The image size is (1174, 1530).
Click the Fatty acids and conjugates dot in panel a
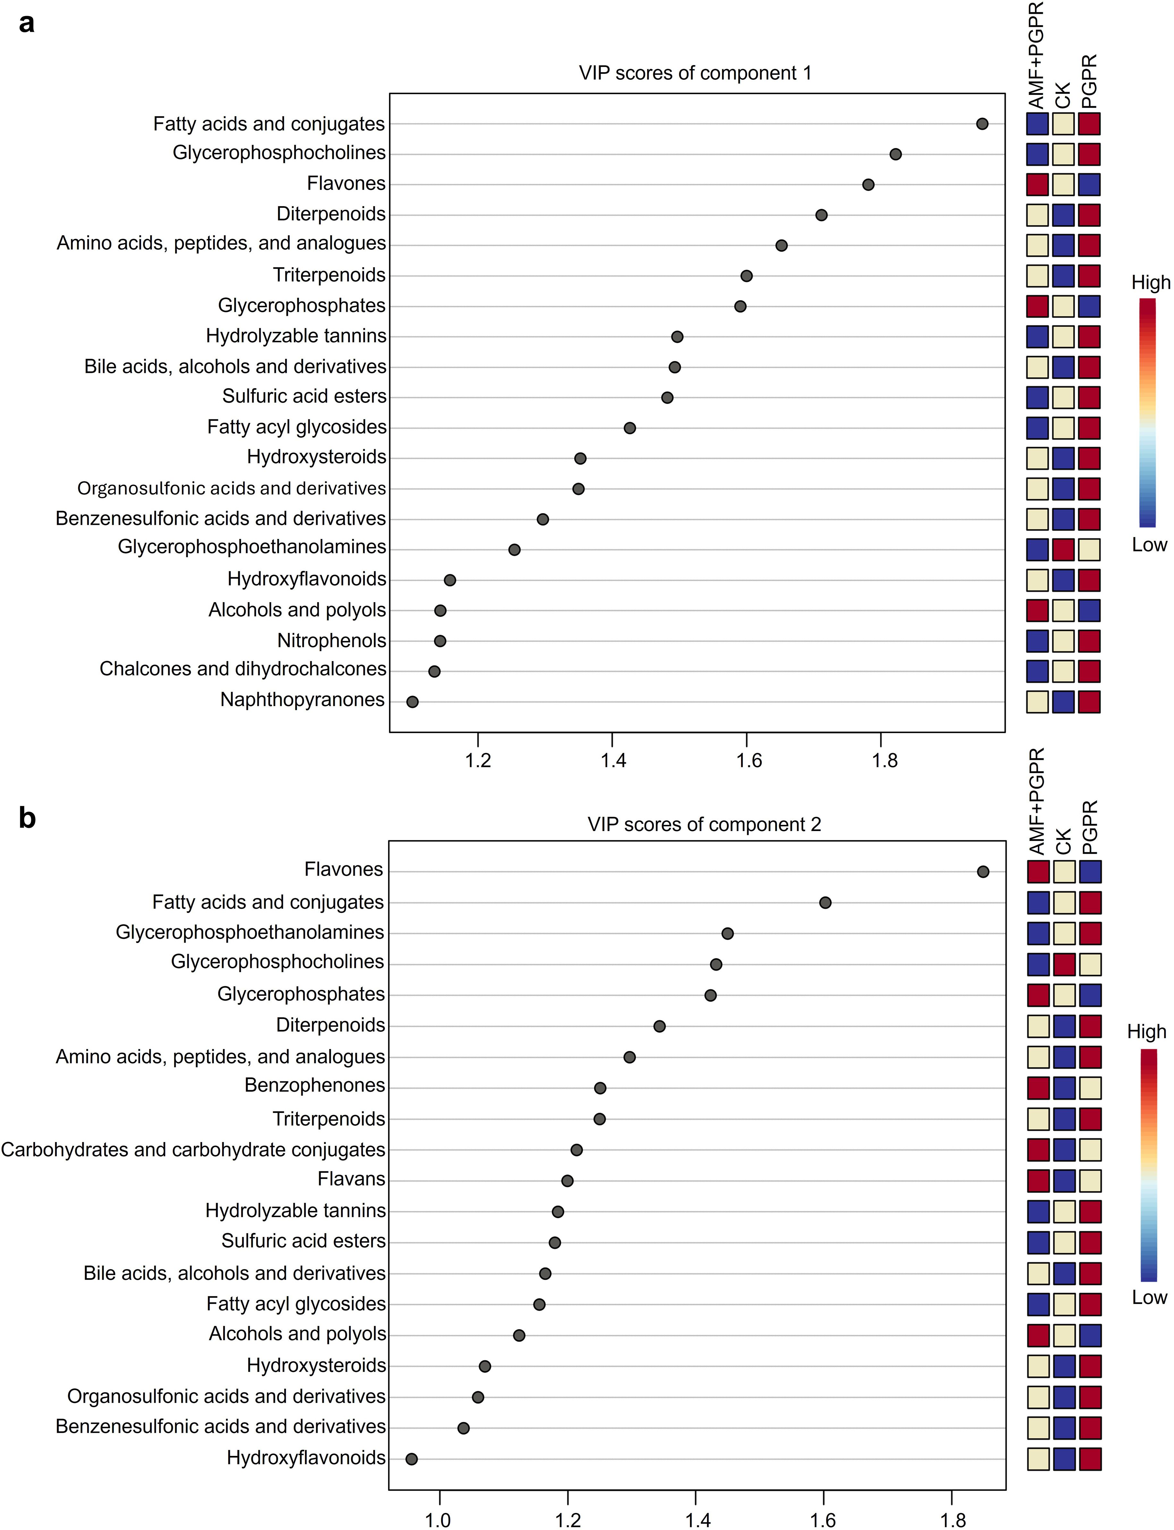click(x=982, y=124)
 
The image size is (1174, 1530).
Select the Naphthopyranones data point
click(x=412, y=702)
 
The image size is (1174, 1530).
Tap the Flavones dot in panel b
click(x=983, y=871)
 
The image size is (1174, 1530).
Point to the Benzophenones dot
click(x=600, y=1088)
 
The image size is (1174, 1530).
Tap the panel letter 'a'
click(x=27, y=23)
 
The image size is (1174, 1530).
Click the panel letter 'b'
click(x=27, y=817)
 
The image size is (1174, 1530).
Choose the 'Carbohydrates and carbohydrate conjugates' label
click(x=193, y=1149)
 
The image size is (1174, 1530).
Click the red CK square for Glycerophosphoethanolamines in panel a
click(x=1063, y=550)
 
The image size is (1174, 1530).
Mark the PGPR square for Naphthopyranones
click(x=1089, y=702)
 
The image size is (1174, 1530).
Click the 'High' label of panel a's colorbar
click(x=1150, y=283)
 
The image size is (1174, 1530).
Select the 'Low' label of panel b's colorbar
click(x=1149, y=1297)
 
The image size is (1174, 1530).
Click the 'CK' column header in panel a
click(x=1063, y=96)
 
